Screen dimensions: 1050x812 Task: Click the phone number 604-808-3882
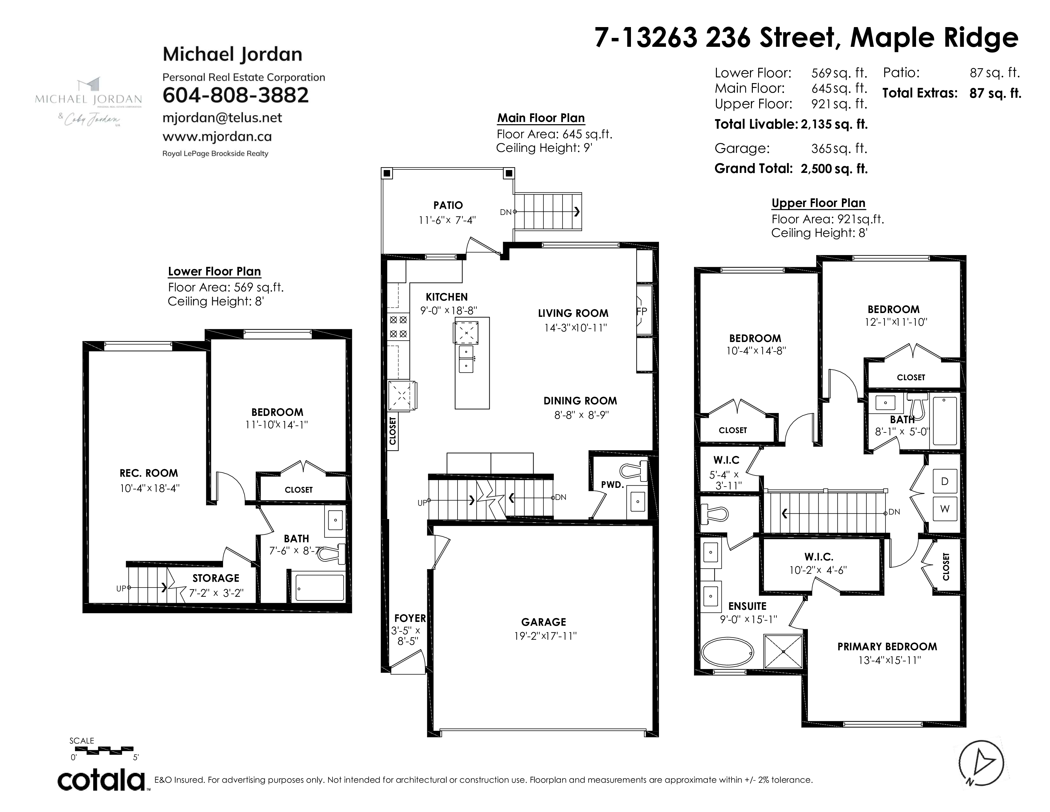pyautogui.click(x=235, y=95)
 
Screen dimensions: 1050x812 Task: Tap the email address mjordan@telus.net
pyautogui.click(x=222, y=118)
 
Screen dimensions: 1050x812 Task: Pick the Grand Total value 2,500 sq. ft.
pyautogui.click(x=834, y=169)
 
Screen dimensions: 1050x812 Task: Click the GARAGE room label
pyautogui.click(x=544, y=622)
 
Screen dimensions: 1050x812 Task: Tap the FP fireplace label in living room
pyautogui.click(x=642, y=311)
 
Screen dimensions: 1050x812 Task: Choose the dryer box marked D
pyautogui.click(x=945, y=481)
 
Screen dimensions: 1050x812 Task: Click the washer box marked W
pyautogui.click(x=945, y=509)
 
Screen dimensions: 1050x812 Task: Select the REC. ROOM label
pyautogui.click(x=149, y=473)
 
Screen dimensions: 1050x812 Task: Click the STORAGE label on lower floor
pyautogui.click(x=216, y=578)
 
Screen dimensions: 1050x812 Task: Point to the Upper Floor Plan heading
pyautogui.click(x=818, y=203)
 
